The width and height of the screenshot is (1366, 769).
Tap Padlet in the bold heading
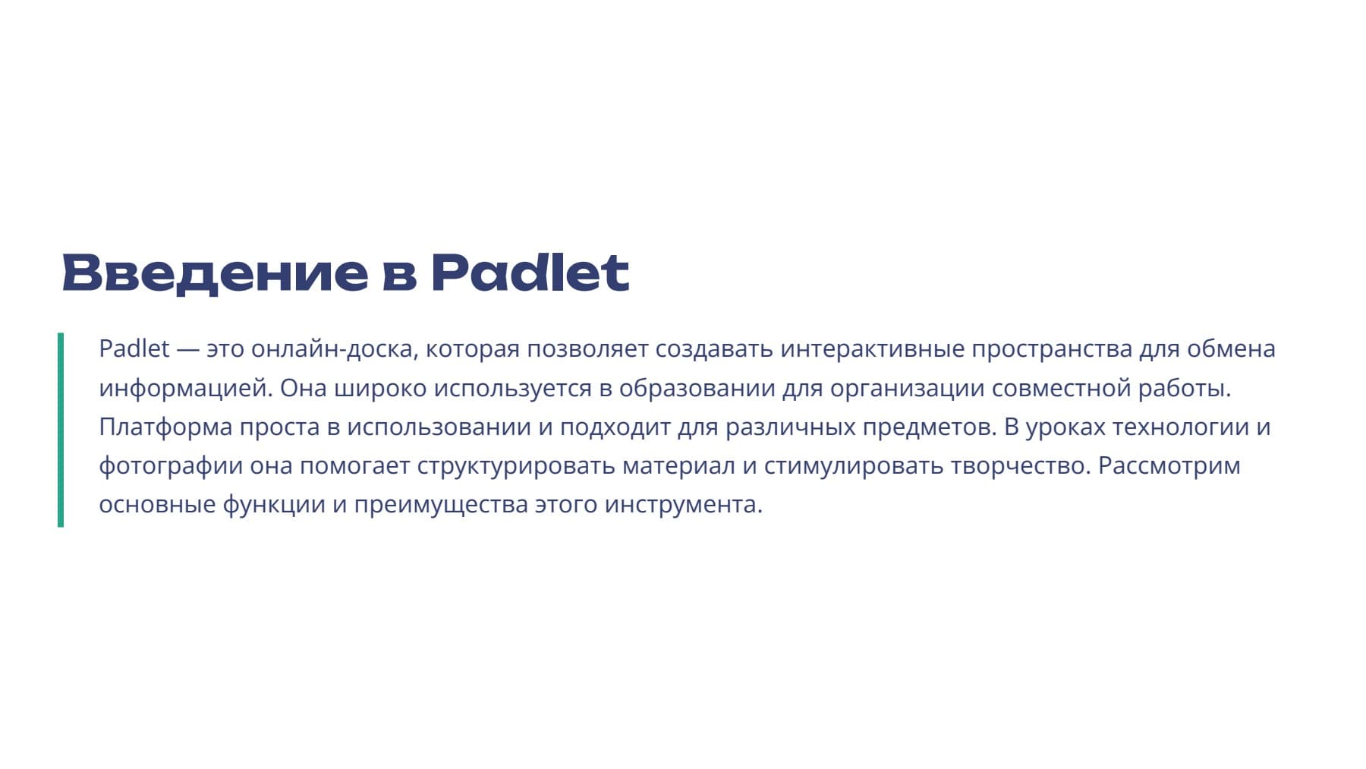(x=530, y=273)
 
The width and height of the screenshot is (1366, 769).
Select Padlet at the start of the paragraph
(x=134, y=349)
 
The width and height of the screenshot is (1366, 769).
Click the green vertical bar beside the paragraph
(x=61, y=430)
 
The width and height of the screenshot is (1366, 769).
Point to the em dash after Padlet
(x=187, y=349)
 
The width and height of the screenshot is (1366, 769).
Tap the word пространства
(x=1052, y=349)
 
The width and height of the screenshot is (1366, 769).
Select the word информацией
(x=185, y=388)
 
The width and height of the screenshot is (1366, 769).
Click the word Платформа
(x=165, y=427)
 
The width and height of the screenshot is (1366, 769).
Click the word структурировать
(x=516, y=465)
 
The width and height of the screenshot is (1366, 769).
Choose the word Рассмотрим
(x=1169, y=465)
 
